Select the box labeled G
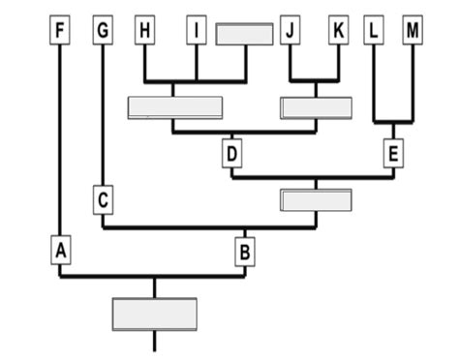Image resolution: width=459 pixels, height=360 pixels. (103, 31)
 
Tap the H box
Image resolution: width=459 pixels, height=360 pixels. (145, 31)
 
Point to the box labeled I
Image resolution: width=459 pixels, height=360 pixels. (197, 31)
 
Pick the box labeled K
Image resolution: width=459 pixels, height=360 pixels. (338, 31)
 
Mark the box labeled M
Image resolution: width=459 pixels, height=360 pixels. (413, 31)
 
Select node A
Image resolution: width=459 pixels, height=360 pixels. (60, 252)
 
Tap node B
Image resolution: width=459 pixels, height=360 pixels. (245, 253)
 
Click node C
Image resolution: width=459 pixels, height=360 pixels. (104, 199)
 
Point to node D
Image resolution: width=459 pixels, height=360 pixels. (231, 153)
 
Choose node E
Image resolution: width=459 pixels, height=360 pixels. (392, 153)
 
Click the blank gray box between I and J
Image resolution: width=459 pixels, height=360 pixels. (244, 33)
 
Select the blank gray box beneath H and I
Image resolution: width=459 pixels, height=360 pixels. (175, 107)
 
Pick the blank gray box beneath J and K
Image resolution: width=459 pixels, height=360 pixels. (316, 107)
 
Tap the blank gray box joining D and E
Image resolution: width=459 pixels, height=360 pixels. (316, 199)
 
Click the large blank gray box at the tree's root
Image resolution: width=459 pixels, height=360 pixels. (155, 314)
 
